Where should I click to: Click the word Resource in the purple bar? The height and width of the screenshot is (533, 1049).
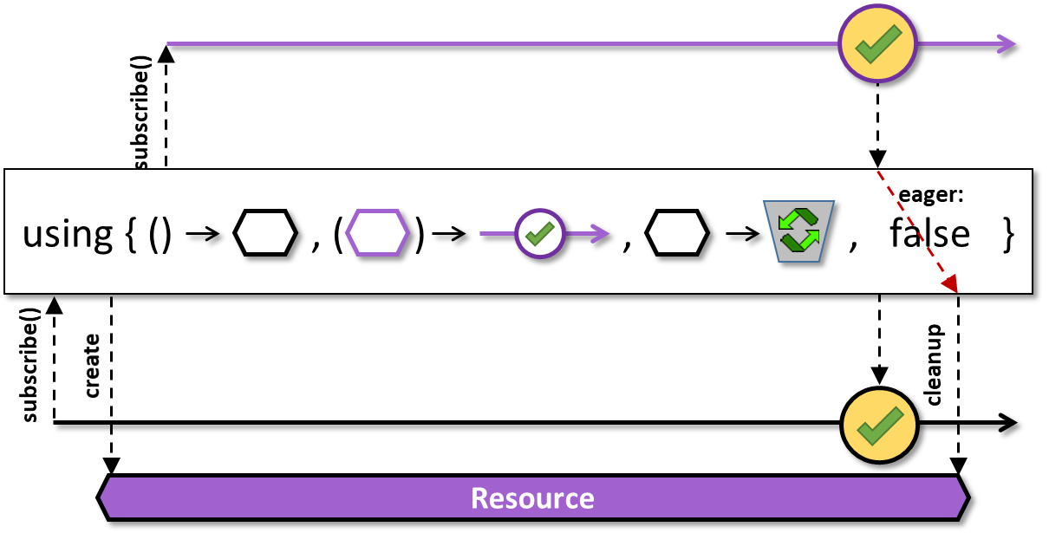[532, 498]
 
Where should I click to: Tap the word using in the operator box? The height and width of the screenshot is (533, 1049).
[68, 237]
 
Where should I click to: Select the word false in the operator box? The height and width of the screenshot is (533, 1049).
[929, 232]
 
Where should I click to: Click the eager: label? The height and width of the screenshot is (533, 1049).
[930, 195]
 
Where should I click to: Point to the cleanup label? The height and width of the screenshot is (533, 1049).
[934, 365]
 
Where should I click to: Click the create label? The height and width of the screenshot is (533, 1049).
[92, 366]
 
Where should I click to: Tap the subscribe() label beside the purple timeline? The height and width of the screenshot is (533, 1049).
[140, 113]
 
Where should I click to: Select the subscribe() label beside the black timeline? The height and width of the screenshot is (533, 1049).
[29, 365]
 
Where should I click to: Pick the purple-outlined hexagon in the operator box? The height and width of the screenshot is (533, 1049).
[377, 232]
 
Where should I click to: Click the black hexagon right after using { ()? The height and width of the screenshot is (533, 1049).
[265, 232]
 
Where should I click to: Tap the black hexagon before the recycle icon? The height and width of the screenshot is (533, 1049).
[677, 232]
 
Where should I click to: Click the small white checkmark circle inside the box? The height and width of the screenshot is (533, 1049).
[540, 233]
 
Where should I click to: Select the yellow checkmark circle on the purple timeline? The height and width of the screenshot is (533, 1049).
[877, 44]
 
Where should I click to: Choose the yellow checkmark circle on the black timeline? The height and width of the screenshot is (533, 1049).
[879, 425]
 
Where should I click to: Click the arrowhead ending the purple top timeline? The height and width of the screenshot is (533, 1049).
[1007, 45]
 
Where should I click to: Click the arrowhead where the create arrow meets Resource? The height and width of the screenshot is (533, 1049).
[111, 466]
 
